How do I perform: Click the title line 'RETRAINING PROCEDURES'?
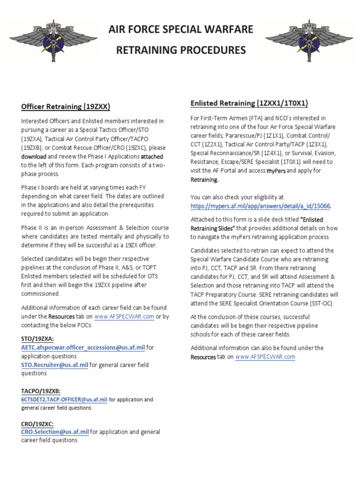click(180, 49)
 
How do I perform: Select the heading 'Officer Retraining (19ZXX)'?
click(65, 106)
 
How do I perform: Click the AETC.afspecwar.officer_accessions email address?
click(83, 347)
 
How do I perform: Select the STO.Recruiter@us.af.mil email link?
click(54, 364)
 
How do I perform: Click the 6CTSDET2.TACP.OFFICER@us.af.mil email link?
click(64, 400)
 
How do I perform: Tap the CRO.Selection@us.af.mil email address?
click(55, 431)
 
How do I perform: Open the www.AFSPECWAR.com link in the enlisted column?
click(265, 357)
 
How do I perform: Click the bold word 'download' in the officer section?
click(34, 156)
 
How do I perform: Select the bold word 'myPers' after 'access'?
click(276, 171)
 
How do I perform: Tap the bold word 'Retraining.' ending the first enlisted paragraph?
click(204, 180)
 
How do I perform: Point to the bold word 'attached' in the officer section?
click(152, 156)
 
